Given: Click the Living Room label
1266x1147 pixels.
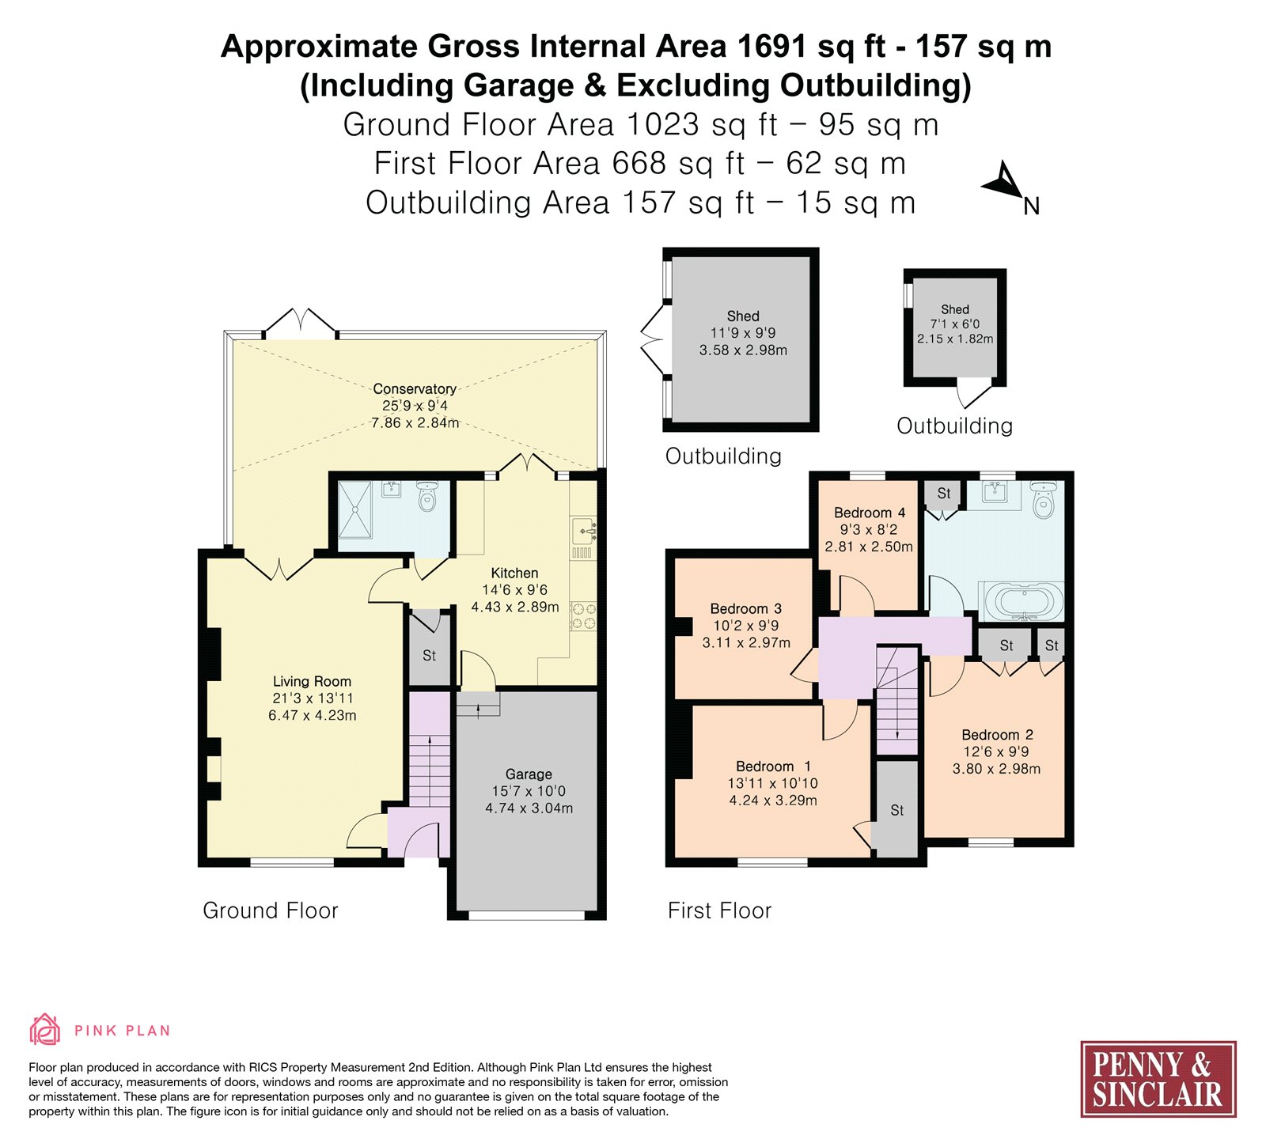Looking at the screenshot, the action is [x=312, y=681].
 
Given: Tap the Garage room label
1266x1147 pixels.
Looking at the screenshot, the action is [x=529, y=774].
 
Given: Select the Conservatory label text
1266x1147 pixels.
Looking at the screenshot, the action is [x=415, y=388].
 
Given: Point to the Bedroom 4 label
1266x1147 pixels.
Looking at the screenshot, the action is [x=870, y=513].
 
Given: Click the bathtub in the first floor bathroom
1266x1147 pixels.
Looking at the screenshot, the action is [x=1022, y=602].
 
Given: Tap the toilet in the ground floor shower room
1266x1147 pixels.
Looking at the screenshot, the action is [x=427, y=496].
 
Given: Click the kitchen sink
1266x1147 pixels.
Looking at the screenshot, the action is [x=583, y=529].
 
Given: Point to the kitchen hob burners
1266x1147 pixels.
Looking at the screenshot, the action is [x=583, y=617].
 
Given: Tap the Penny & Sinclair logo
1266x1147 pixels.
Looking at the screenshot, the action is [x=1158, y=1078].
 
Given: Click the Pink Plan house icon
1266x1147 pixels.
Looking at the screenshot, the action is [x=45, y=1030].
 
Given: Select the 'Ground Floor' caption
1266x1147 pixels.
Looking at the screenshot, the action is [x=271, y=910].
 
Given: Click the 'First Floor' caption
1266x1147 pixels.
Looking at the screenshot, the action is [x=719, y=910].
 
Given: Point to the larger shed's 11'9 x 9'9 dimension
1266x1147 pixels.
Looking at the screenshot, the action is [x=743, y=333].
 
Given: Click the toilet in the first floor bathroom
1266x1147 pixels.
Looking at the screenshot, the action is [x=1043, y=499].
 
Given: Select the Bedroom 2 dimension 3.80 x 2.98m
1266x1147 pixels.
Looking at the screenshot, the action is [x=996, y=769].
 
